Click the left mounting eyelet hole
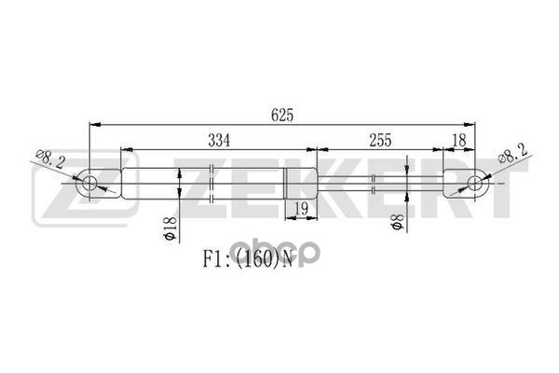click(90, 183)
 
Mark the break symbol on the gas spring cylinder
click(213, 183)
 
